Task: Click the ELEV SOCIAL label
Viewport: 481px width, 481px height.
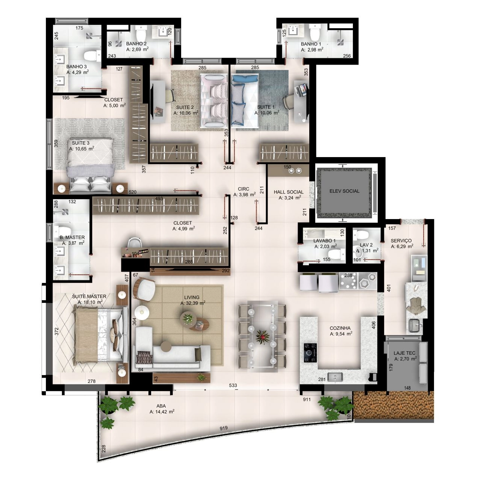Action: [x=344, y=191]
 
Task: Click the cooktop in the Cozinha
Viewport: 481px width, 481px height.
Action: [x=310, y=353]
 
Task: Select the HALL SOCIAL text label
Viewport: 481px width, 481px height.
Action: [x=289, y=192]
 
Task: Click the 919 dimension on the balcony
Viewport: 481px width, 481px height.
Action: [x=224, y=428]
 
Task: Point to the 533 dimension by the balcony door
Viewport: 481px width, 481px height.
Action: [x=233, y=386]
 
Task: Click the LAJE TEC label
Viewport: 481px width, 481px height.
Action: [x=404, y=353]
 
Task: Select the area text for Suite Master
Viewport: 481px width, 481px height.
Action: [x=90, y=302]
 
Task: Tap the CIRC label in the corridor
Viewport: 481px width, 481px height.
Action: [x=244, y=189]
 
